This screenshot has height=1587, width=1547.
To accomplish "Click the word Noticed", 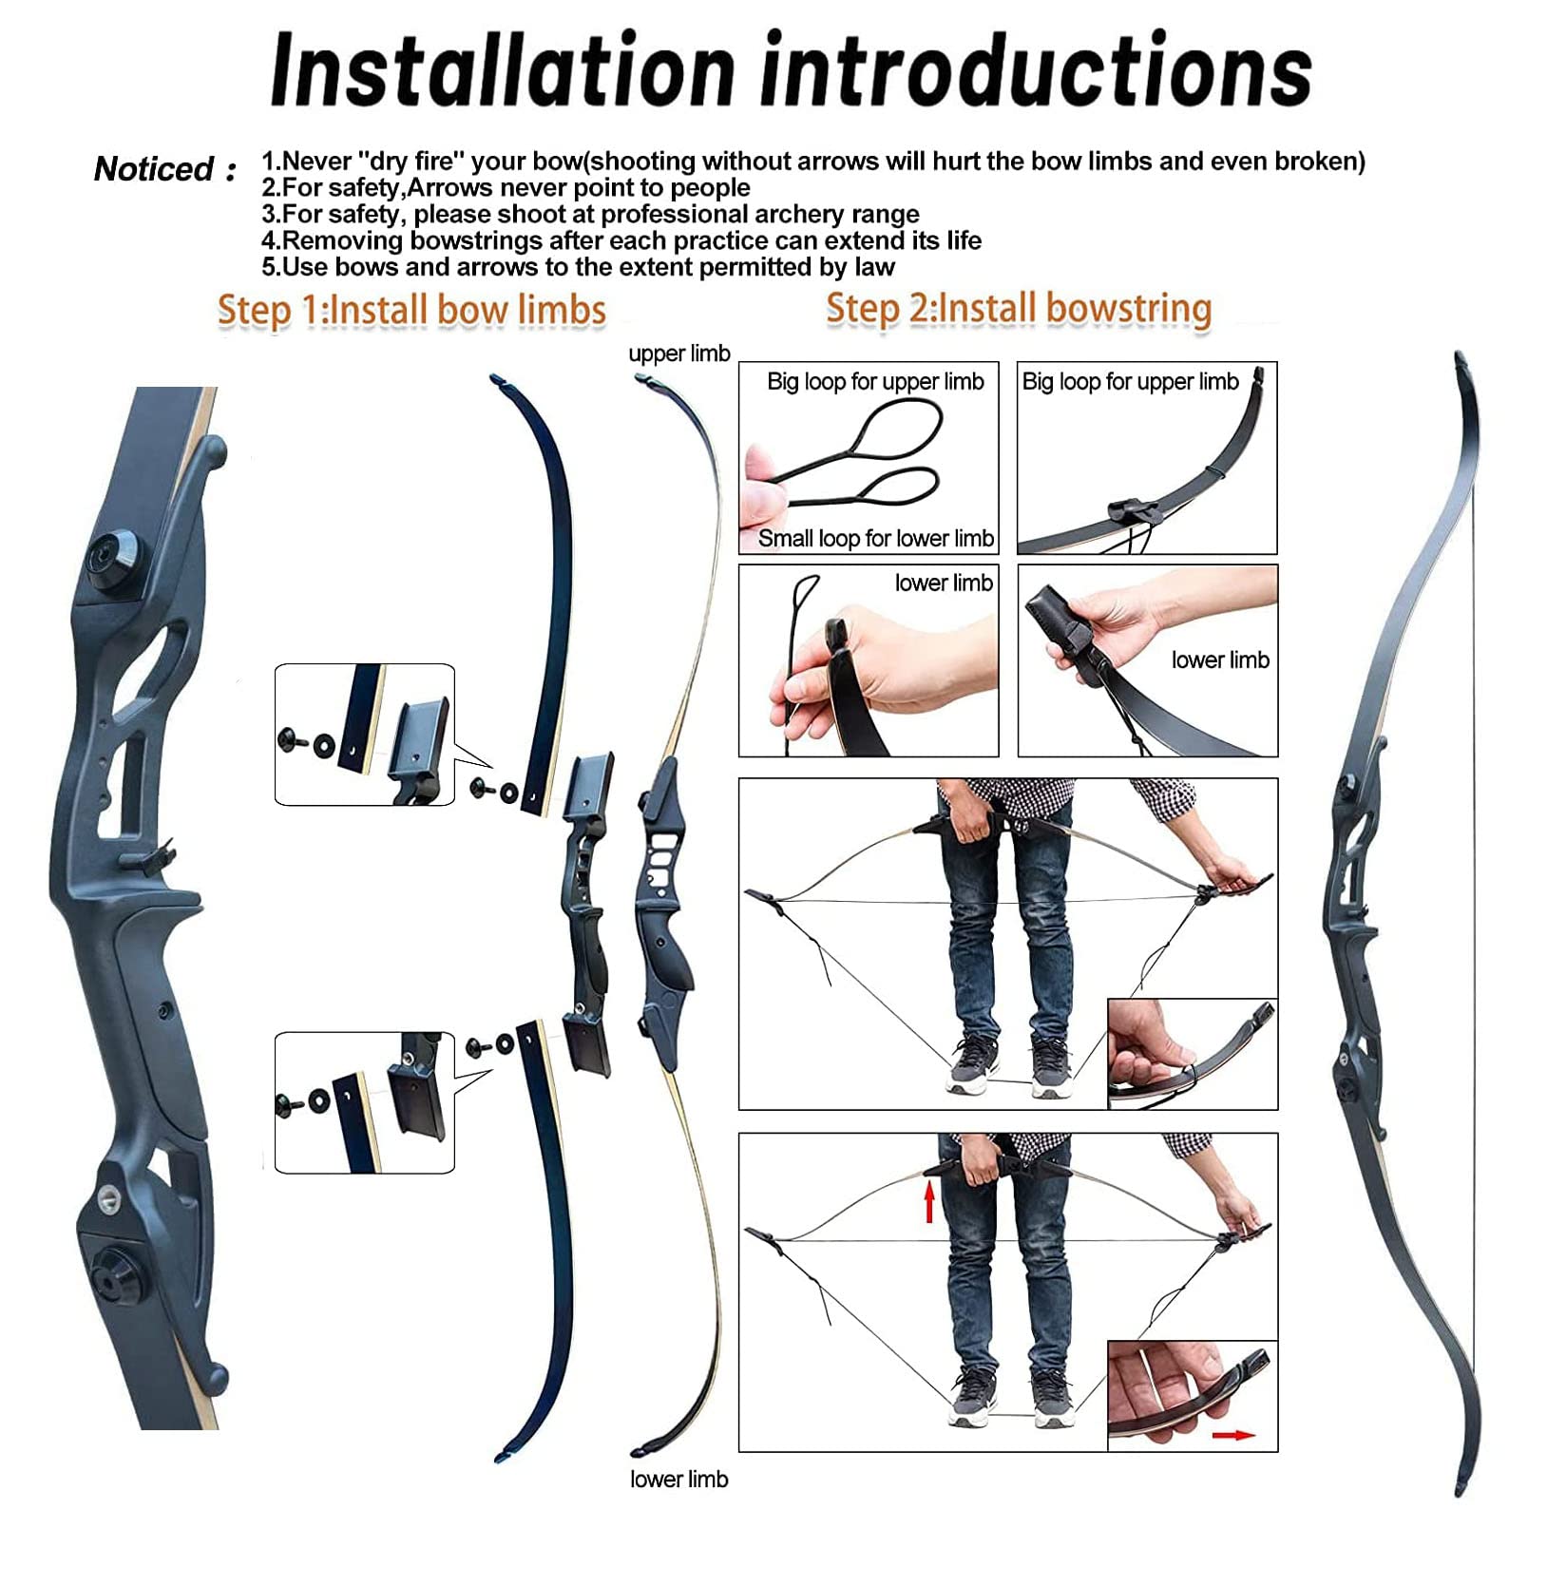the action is point(153,169).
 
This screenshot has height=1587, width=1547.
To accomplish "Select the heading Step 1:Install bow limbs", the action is point(411,311).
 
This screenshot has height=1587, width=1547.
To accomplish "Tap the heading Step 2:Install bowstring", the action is point(1019,309).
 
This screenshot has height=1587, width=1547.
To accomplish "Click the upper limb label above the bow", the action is point(679,354).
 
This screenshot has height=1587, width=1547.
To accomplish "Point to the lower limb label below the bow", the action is point(678,1479).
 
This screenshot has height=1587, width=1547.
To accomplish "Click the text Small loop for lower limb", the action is point(875,538).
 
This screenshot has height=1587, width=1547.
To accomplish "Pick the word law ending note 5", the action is point(874,267).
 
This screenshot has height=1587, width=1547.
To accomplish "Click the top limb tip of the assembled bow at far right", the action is point(1462,361).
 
